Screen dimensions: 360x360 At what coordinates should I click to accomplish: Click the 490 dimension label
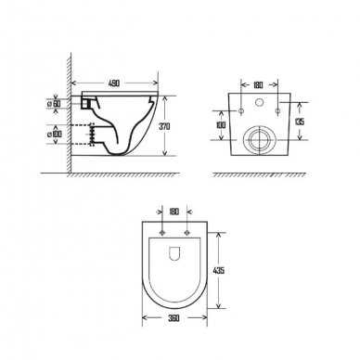114,84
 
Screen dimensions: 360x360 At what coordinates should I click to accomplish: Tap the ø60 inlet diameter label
54,104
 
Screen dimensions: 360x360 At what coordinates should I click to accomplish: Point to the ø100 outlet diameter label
55,135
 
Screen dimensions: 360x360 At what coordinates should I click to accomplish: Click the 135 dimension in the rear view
299,122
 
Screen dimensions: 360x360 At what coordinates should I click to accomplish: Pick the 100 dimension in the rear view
221,125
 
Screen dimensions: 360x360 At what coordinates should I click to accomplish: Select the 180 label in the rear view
258,84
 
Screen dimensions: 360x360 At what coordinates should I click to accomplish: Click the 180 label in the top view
174,212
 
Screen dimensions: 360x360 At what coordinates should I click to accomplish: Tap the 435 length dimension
219,271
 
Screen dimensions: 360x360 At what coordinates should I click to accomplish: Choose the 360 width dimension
174,318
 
